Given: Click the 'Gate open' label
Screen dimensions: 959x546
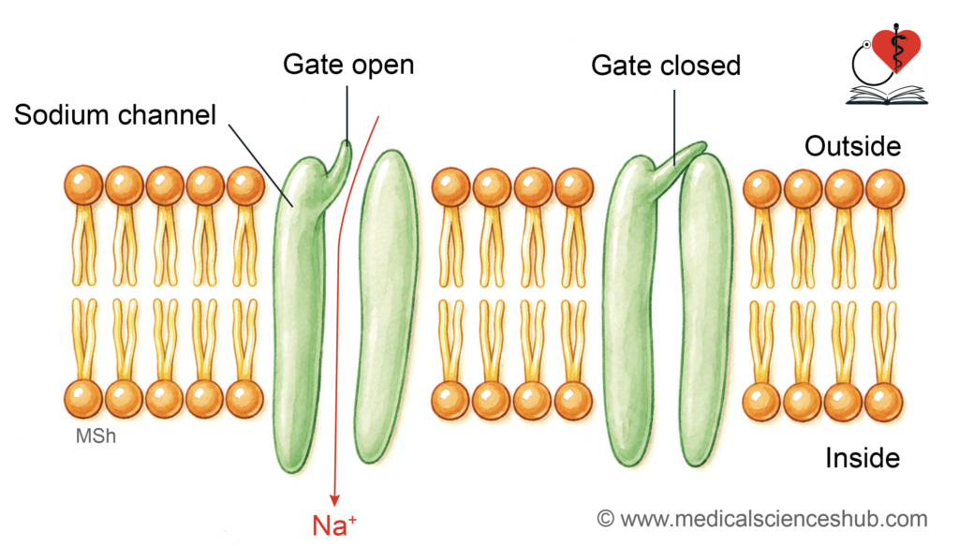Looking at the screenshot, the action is pos(348,65).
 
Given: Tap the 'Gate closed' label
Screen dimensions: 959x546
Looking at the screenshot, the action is pos(666,66).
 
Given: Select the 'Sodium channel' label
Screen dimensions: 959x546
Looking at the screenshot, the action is pos(115,115).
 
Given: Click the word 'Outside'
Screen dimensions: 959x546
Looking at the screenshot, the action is pos(852,146).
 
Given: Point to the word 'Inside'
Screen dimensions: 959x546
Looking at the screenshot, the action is pos(863,458).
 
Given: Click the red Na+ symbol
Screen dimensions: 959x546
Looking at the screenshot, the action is pos(334,525).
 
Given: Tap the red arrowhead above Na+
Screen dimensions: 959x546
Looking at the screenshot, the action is pos(334,500).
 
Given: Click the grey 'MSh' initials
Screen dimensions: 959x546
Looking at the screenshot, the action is pos(96,435).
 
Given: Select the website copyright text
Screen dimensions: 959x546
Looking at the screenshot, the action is pos(762,519).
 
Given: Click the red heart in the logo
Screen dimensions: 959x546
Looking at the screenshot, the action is pos(896,48).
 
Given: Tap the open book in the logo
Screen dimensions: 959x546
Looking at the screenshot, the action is pos(887,96).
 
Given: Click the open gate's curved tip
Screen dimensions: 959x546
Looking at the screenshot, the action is pos(347,146).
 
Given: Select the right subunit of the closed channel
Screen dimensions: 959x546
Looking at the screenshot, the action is pos(706,309).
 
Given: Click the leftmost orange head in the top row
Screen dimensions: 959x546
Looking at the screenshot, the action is pos(83,185).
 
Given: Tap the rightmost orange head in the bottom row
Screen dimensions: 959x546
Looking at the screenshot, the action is pos(884,402).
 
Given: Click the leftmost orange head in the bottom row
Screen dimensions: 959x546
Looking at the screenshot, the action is pos(83,399).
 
